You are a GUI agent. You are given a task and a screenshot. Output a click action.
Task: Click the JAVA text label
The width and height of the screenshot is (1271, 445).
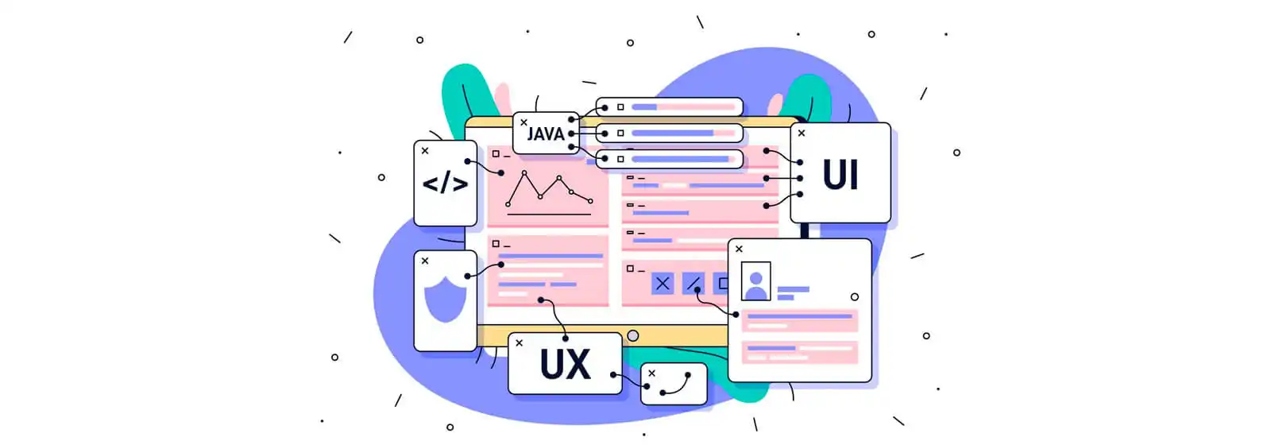tap(545, 134)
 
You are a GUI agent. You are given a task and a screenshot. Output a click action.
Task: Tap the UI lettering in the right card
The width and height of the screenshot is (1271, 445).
tap(840, 174)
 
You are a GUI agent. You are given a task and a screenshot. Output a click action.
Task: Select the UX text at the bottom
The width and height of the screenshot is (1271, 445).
tap(565, 364)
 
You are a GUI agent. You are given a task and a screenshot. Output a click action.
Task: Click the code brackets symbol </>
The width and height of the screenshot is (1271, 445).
tap(446, 184)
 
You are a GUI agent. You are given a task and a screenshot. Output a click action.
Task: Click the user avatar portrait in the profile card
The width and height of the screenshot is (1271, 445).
tap(755, 281)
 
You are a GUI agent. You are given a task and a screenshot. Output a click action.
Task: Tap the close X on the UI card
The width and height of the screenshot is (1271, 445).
tap(802, 133)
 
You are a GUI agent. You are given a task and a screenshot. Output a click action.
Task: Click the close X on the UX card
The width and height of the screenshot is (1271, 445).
tap(520, 342)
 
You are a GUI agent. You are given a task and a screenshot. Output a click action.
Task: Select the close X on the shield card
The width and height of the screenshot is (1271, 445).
tap(425, 261)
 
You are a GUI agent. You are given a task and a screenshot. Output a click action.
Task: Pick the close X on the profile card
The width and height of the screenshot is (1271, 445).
tap(739, 249)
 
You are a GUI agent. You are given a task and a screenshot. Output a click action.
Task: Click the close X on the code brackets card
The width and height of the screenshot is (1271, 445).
tap(425, 151)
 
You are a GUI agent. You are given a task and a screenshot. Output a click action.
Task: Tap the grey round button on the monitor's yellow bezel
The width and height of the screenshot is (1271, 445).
tap(633, 336)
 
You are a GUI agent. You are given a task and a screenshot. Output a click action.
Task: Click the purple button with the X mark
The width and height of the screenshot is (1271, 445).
tap(663, 283)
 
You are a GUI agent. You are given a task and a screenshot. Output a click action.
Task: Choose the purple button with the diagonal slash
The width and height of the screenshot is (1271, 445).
tap(693, 283)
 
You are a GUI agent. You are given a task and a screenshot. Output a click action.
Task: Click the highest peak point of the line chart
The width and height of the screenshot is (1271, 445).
tap(524, 172)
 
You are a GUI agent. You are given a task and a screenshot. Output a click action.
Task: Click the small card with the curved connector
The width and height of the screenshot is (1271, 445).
tap(674, 385)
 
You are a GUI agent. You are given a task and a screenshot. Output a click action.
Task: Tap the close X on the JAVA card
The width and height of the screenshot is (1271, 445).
tap(523, 122)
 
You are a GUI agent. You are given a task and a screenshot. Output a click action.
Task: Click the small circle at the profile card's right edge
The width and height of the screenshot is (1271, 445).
tap(855, 297)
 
